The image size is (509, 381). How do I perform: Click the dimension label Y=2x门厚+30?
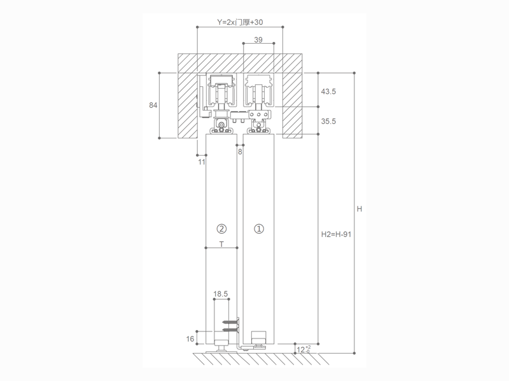(x=240, y=22)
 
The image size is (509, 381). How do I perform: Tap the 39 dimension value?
(x=258, y=39)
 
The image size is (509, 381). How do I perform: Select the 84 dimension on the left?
(x=153, y=105)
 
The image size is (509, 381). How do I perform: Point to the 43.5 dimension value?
(x=328, y=91)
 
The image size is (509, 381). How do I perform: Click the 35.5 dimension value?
(x=328, y=121)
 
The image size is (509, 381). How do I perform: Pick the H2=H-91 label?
(x=336, y=234)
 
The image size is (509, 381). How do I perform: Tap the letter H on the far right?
(x=359, y=209)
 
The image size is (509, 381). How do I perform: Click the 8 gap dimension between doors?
(x=240, y=152)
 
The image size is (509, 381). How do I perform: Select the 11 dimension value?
(x=202, y=162)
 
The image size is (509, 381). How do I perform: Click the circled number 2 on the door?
(x=221, y=229)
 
